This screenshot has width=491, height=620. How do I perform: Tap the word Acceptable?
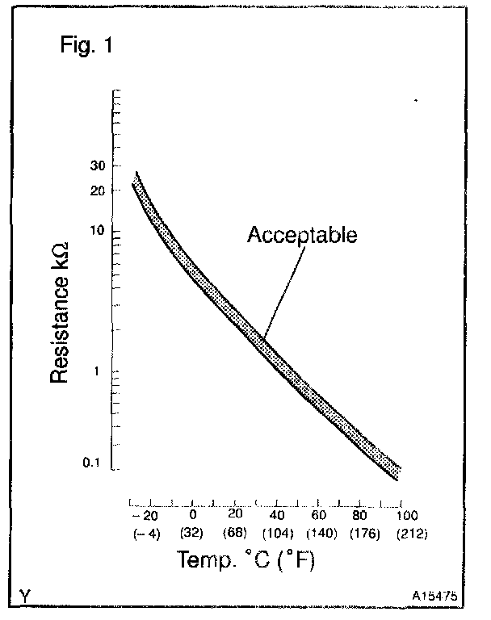[301, 236]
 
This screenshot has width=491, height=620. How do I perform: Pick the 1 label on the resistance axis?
[101, 371]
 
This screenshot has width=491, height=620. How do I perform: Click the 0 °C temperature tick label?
[192, 515]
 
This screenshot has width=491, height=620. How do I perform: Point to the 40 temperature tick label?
[276, 515]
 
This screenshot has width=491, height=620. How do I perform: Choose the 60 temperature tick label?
[320, 515]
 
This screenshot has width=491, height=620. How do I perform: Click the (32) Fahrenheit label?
[193, 533]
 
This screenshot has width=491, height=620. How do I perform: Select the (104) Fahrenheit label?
[277, 533]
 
